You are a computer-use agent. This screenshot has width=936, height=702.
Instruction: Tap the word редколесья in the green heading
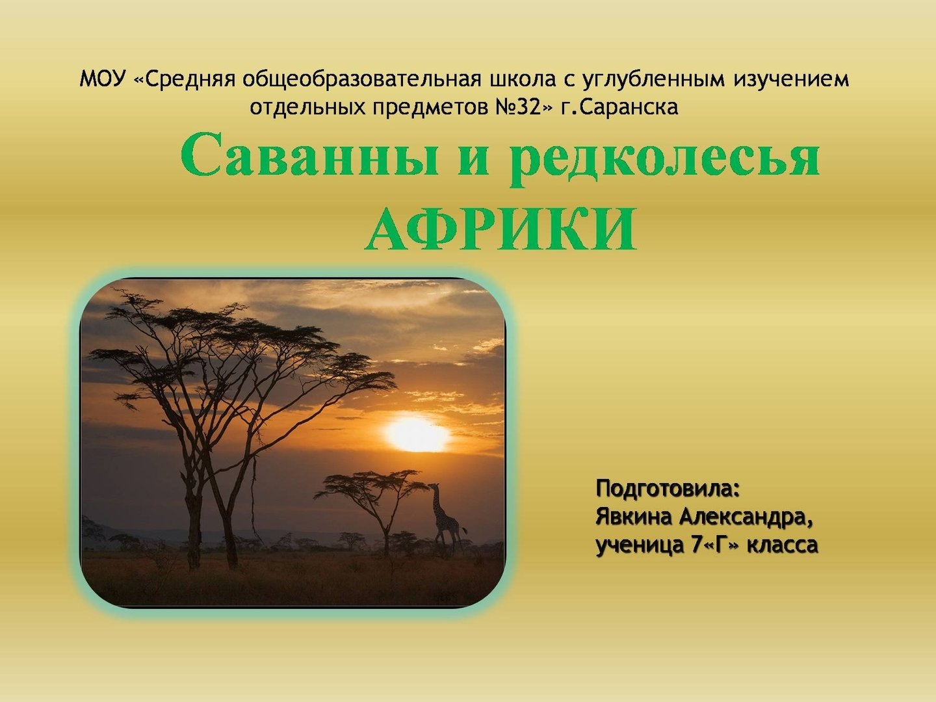[665, 160]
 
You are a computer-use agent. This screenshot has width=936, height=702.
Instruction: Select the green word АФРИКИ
[501, 230]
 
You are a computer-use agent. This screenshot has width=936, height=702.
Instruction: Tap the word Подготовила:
[668, 489]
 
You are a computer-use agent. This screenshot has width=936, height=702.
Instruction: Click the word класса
[783, 546]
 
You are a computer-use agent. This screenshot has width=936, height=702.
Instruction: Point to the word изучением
[791, 81]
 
